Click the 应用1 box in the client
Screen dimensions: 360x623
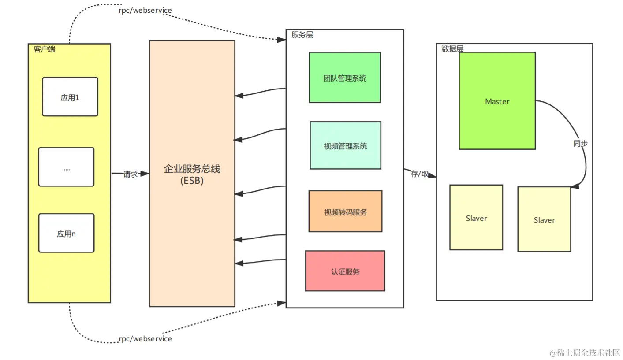[70, 96]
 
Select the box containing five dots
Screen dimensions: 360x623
[66, 167]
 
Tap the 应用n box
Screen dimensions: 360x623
[66, 233]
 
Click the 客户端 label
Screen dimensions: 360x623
[45, 49]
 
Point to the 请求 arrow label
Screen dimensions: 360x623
[131, 174]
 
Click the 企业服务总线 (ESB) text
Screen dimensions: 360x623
[192, 174]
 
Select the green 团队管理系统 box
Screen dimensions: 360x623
[345, 78]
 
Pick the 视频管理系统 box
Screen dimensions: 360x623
[345, 145]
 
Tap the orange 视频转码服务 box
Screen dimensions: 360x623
[345, 212]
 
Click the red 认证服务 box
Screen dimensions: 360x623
[345, 271]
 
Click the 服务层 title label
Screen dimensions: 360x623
[302, 35]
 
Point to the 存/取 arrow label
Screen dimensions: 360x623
[419, 174]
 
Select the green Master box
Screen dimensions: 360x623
[497, 101]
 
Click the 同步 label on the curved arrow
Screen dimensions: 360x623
[580, 144]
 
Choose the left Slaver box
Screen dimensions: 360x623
[476, 218]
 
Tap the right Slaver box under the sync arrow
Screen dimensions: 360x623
[544, 219]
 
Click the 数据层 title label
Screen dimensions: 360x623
[452, 49]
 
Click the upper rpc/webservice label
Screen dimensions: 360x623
[145, 10]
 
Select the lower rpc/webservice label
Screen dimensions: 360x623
[145, 339]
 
